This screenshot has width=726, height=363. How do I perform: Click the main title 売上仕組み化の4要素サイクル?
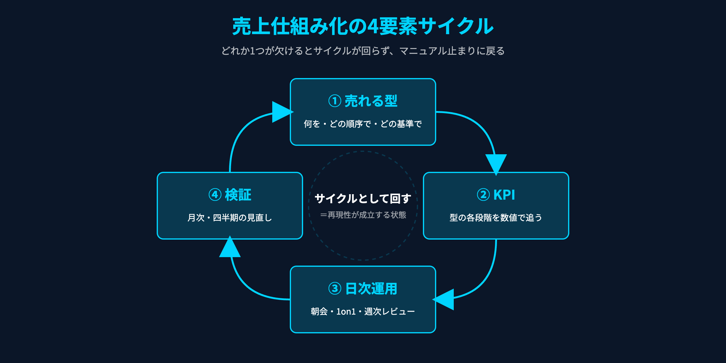click(363, 26)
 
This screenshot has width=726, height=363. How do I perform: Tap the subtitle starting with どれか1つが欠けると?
click(363, 51)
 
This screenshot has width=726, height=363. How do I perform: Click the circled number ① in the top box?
click(335, 101)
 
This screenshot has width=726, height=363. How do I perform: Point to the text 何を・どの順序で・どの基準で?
click(363, 124)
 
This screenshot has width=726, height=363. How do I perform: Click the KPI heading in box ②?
click(504, 195)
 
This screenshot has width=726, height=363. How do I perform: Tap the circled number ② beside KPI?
click(483, 195)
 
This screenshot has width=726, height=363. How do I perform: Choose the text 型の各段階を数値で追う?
click(496, 217)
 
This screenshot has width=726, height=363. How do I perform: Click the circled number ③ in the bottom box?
click(335, 289)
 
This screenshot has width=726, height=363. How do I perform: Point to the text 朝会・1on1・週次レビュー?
click(363, 311)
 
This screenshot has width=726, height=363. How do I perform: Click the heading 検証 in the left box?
click(238, 195)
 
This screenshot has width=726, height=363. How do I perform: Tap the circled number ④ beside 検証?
click(215, 195)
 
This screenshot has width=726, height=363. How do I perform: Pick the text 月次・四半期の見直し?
click(230, 217)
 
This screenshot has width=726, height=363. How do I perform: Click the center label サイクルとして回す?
click(363, 199)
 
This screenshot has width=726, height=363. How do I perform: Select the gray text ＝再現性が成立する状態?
click(363, 215)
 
